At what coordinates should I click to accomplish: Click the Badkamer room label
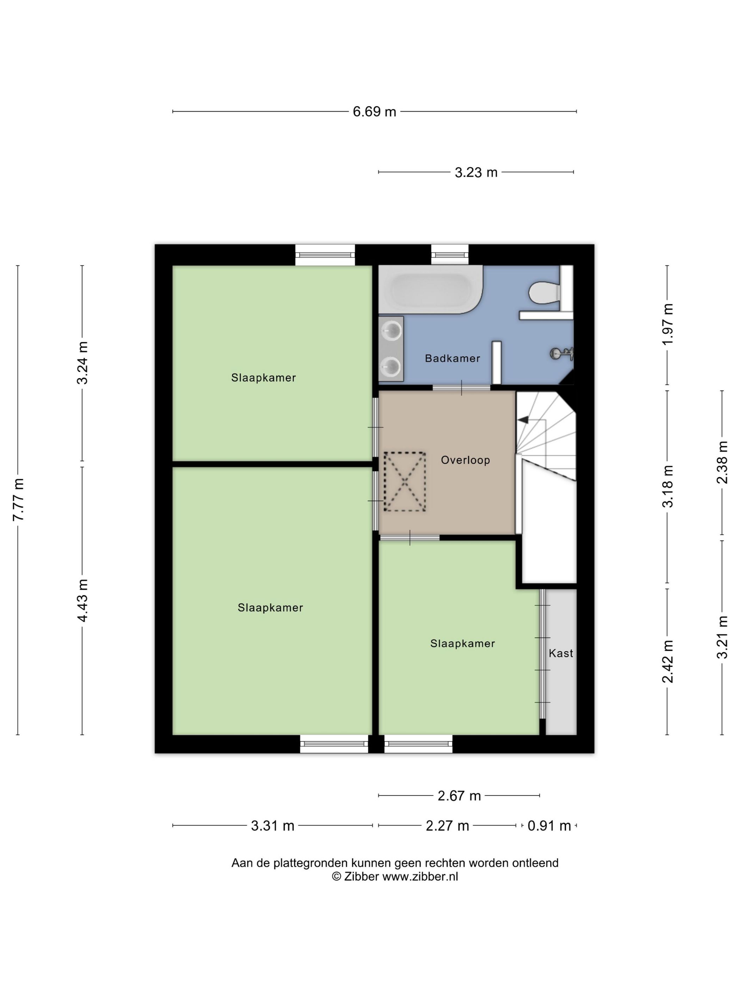coord(452,358)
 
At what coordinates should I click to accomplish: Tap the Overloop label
coord(465,460)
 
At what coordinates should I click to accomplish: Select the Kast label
coord(561,653)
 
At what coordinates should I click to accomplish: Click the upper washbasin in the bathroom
coord(391,331)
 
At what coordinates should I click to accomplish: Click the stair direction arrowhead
coord(523,419)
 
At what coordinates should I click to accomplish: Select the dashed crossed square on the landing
coord(405,482)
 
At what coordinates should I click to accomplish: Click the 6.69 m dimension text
coord(374,111)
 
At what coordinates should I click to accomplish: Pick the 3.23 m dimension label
coord(476,172)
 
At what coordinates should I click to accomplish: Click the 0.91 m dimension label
coord(549,826)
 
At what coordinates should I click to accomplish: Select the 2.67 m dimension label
coord(459,796)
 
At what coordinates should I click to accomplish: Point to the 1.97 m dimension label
coord(667,324)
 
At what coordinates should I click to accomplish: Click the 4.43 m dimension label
coord(82,600)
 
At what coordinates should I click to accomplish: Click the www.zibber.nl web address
coord(420,876)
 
